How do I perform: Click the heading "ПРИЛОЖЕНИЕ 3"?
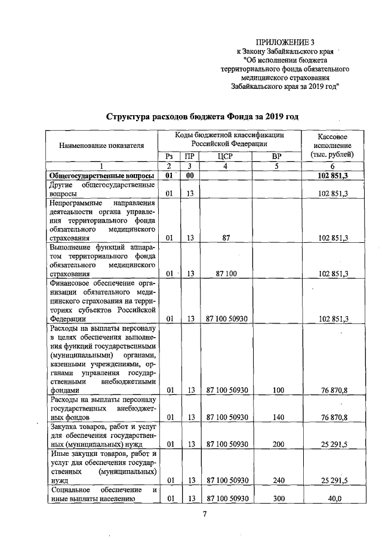click(x=284, y=42)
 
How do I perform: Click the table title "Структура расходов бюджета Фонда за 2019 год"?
click(x=202, y=116)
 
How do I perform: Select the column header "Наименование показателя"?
click(x=101, y=145)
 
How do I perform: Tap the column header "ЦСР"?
click(x=226, y=156)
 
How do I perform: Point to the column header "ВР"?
click(x=276, y=156)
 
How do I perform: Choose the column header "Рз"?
click(x=169, y=156)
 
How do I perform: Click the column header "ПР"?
click(x=189, y=156)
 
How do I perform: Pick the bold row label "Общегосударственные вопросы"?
click(x=101, y=175)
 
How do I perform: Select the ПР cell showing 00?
click(x=190, y=175)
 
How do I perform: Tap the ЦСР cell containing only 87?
click(x=226, y=237)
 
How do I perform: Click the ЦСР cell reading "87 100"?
click(x=226, y=274)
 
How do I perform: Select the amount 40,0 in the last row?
click(x=334, y=499)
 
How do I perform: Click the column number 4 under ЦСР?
click(x=226, y=166)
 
